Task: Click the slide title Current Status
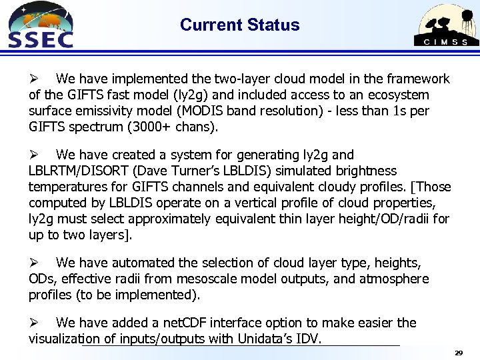click(239, 25)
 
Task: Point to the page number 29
click(458, 351)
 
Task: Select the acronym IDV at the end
click(309, 339)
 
